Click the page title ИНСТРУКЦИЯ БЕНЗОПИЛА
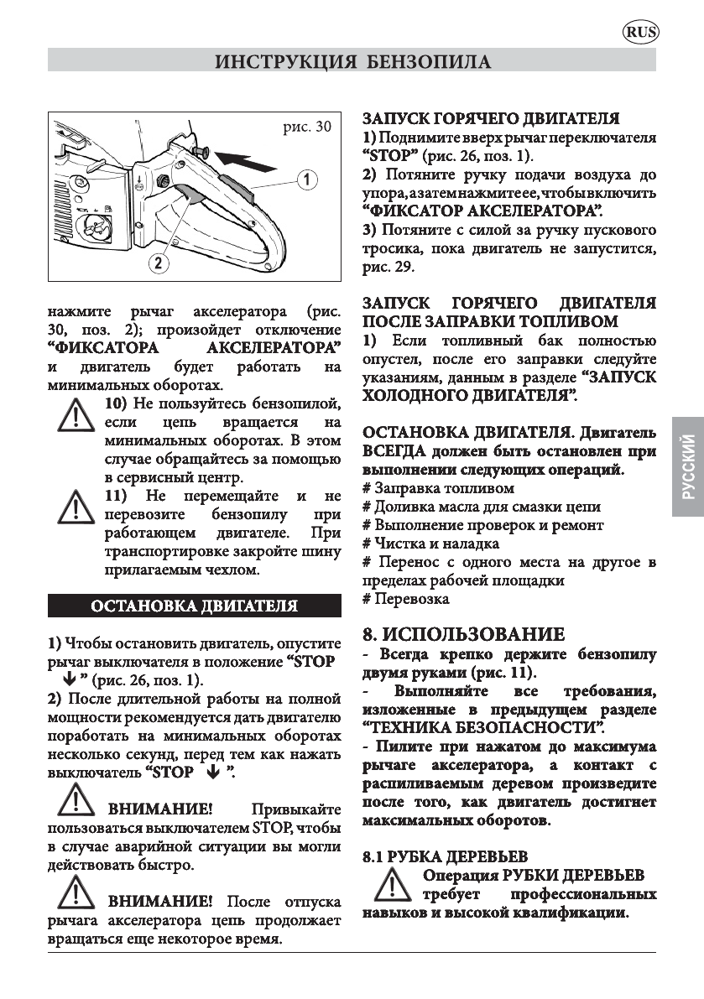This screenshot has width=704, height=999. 352,62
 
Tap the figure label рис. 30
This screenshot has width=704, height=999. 309,127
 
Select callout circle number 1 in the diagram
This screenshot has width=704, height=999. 308,179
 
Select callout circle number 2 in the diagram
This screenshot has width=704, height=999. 157,263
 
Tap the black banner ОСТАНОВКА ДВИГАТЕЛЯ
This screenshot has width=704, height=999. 194,606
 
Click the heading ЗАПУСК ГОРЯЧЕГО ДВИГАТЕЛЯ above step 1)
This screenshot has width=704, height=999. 491,119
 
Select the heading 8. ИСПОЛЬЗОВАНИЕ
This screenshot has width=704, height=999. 463,634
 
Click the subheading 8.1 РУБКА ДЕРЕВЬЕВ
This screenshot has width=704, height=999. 445,856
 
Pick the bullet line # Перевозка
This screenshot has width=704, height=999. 405,599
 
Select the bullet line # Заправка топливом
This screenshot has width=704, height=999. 438,487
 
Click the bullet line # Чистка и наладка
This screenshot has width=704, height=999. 430,544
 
